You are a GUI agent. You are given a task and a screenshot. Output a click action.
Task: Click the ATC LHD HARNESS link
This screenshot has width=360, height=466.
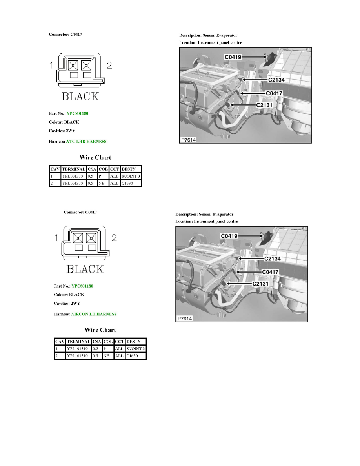[x=86, y=141]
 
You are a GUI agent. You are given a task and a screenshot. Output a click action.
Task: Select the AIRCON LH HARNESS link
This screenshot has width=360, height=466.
[x=94, y=314]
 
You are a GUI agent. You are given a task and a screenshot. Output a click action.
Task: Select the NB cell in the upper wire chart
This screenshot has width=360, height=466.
[x=101, y=183]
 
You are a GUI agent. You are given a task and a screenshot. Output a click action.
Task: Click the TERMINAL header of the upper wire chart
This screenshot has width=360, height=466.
[x=73, y=169]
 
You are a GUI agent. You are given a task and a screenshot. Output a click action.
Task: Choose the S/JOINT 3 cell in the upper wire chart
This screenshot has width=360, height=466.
[x=131, y=176]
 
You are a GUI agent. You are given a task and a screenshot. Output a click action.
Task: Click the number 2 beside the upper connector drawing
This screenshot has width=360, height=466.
[x=109, y=66]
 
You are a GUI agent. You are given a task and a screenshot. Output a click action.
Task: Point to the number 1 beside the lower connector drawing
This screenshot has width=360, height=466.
[x=56, y=237]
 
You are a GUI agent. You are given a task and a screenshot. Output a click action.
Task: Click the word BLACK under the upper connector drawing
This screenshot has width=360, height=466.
[x=80, y=96]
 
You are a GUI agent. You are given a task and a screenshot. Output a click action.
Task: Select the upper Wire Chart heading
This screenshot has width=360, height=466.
[x=95, y=158]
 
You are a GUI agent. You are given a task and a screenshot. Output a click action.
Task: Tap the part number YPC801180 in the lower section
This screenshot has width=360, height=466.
[x=82, y=286]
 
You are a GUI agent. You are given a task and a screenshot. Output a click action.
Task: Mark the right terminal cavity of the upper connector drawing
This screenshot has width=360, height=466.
[x=86, y=65]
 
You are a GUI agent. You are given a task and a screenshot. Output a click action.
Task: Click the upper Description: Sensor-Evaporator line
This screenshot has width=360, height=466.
[x=208, y=35]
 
